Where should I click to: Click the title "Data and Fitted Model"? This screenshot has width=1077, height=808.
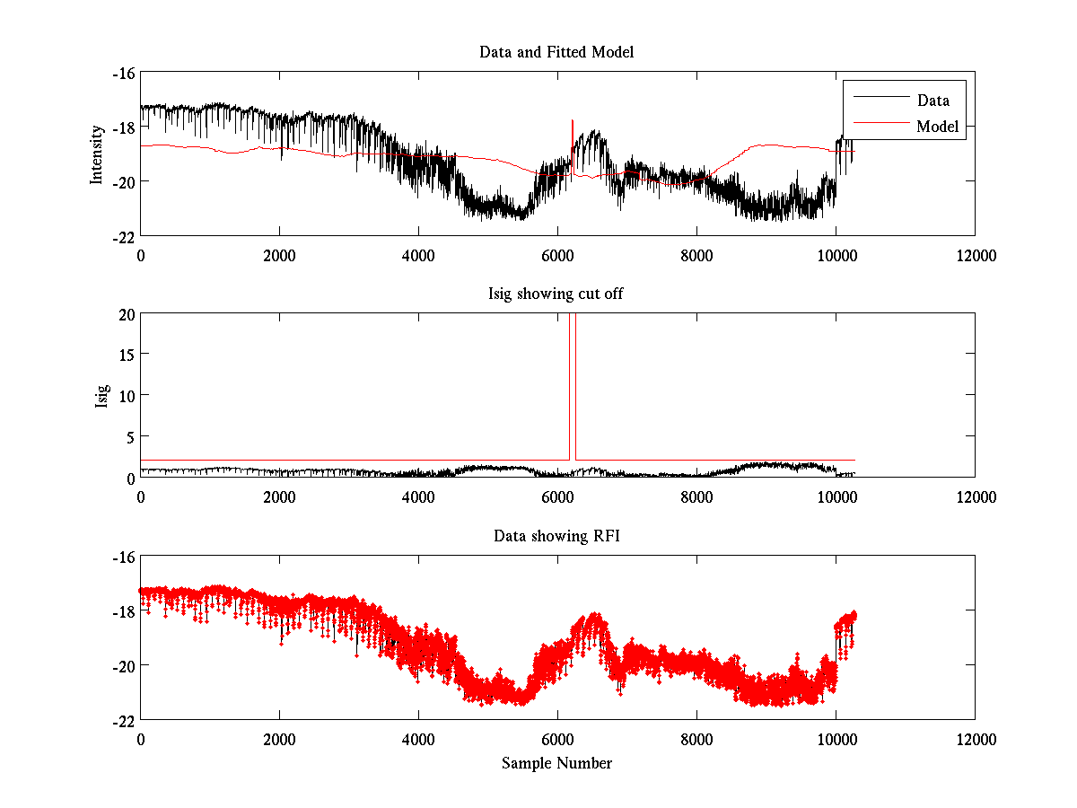tap(556, 52)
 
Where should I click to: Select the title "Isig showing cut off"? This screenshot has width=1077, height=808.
tap(556, 294)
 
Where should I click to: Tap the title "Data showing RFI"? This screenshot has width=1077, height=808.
tap(556, 536)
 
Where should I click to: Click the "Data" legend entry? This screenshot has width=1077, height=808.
tap(933, 101)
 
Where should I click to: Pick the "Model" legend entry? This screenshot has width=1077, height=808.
tap(937, 127)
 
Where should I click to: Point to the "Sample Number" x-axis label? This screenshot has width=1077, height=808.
tap(556, 763)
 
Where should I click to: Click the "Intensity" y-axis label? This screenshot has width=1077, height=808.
tap(97, 154)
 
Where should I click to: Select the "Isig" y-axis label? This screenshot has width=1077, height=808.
tap(103, 395)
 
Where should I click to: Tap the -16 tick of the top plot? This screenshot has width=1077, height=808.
tap(123, 74)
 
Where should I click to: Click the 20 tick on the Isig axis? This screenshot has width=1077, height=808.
tap(126, 314)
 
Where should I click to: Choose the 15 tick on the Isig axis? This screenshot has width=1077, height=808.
tap(126, 355)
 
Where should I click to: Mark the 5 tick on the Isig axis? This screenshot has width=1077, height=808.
tap(129, 436)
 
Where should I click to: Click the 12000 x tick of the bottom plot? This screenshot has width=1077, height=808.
tap(975, 739)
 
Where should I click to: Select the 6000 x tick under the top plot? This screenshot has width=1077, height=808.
tap(557, 255)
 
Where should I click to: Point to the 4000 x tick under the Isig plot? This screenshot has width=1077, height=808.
tap(418, 496)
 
